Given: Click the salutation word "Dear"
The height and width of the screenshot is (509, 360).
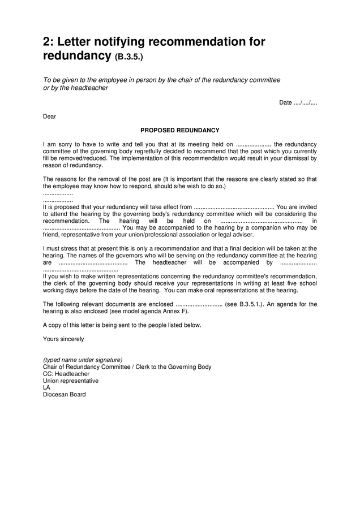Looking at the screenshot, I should [x=50, y=117].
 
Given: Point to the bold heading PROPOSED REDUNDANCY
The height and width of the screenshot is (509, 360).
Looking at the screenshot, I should [x=179, y=130].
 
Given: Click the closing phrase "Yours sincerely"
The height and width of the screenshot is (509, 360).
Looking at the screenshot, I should [x=63, y=339].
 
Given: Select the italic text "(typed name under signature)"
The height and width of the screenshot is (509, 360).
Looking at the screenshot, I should [x=83, y=360].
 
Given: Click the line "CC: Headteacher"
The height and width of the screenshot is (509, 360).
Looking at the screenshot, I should [x=66, y=374].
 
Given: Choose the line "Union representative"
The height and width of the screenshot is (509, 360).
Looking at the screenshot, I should [x=71, y=381].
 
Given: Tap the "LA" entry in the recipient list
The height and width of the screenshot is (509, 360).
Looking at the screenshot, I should [x=47, y=387].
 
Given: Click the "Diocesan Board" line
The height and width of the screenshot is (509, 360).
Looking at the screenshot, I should [x=65, y=394].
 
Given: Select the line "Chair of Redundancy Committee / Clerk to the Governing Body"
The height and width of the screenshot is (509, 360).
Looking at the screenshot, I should [x=127, y=366].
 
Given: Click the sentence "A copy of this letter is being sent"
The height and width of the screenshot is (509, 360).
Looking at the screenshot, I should [x=91, y=325].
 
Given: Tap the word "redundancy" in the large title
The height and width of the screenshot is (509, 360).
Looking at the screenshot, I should [x=76, y=55].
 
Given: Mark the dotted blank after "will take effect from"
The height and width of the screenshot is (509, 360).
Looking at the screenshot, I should [x=234, y=207].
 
